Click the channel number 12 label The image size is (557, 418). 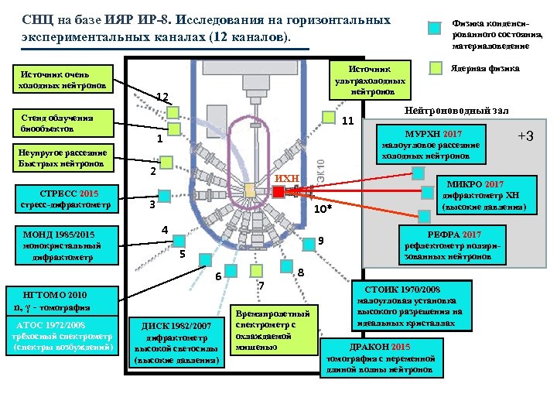pyautogui.click(x=162, y=97)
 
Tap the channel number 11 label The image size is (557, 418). pyautogui.click(x=347, y=122)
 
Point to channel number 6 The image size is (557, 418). pyautogui.click(x=218, y=276)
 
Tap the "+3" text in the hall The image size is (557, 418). pyautogui.click(x=525, y=136)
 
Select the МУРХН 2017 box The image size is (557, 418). pyautogui.click(x=427, y=144)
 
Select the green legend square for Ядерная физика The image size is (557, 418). pyautogui.click(x=436, y=68)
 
